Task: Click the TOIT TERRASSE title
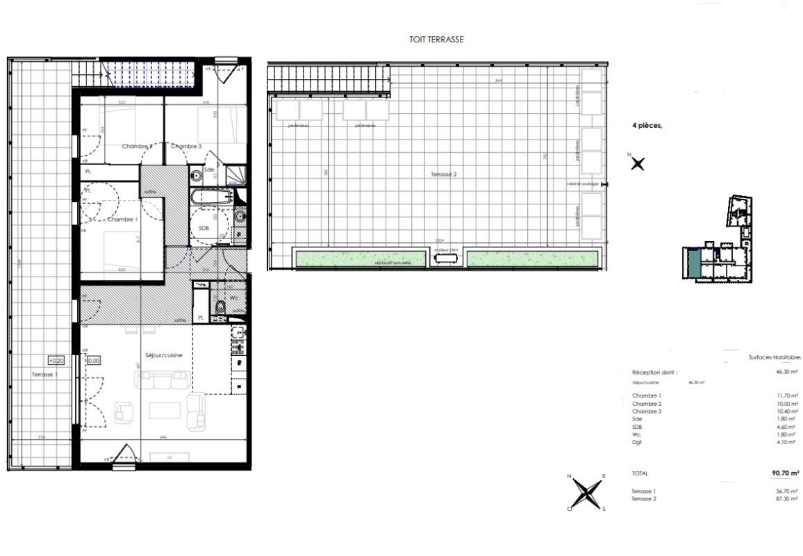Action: pyautogui.click(x=437, y=40)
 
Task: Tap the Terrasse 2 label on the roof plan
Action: pyautogui.click(x=444, y=174)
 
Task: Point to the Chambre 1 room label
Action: pyautogui.click(x=122, y=218)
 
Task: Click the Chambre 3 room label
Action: pyautogui.click(x=186, y=147)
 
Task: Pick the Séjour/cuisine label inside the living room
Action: pyautogui.click(x=164, y=355)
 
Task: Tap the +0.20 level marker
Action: pyautogui.click(x=56, y=361)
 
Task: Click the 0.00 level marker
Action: pyautogui.click(x=94, y=361)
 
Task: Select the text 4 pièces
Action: pyautogui.click(x=646, y=126)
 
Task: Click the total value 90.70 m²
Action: pyautogui.click(x=785, y=473)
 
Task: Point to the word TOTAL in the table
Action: pyautogui.click(x=640, y=473)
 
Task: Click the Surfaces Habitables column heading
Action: pyautogui.click(x=775, y=357)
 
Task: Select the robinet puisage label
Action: pyautogui.click(x=583, y=184)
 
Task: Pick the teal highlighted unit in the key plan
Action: pyautogui.click(x=693, y=263)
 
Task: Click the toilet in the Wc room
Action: pyautogui.click(x=220, y=306)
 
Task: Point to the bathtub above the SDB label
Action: pyautogui.click(x=213, y=197)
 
